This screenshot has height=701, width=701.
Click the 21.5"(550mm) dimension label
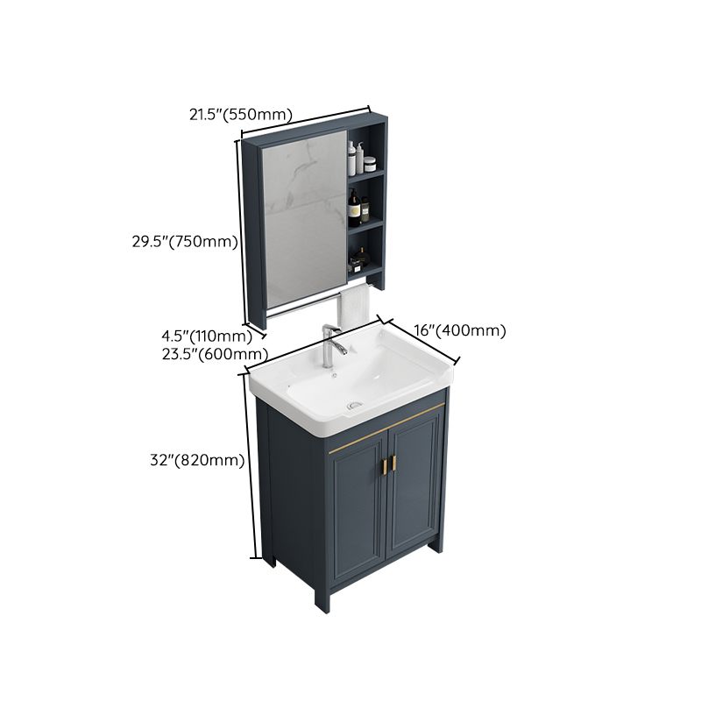(241, 113)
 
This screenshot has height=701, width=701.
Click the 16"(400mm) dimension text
(461, 331)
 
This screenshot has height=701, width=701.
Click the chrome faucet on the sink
(331, 344)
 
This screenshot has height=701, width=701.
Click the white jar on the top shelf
(369, 163)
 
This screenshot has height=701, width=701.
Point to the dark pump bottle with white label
(354, 208)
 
